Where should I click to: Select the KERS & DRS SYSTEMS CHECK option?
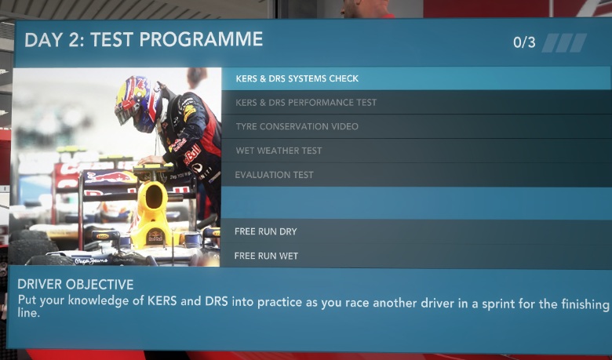(x=297, y=78)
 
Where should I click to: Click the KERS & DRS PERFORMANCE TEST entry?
(x=306, y=103)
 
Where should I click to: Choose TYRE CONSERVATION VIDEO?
(x=297, y=127)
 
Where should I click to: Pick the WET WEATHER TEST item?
(x=279, y=151)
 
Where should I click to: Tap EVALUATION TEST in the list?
(x=274, y=175)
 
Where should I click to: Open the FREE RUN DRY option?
(x=266, y=231)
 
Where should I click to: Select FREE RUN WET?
(x=266, y=256)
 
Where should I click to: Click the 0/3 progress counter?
(x=524, y=42)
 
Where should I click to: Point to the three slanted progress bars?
(x=564, y=43)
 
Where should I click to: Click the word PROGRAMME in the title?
(x=201, y=39)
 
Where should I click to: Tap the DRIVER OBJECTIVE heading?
(x=75, y=285)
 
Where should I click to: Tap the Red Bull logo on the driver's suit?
(x=192, y=154)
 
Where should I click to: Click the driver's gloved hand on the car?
(x=149, y=160)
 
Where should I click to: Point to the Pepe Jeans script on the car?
(x=91, y=261)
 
